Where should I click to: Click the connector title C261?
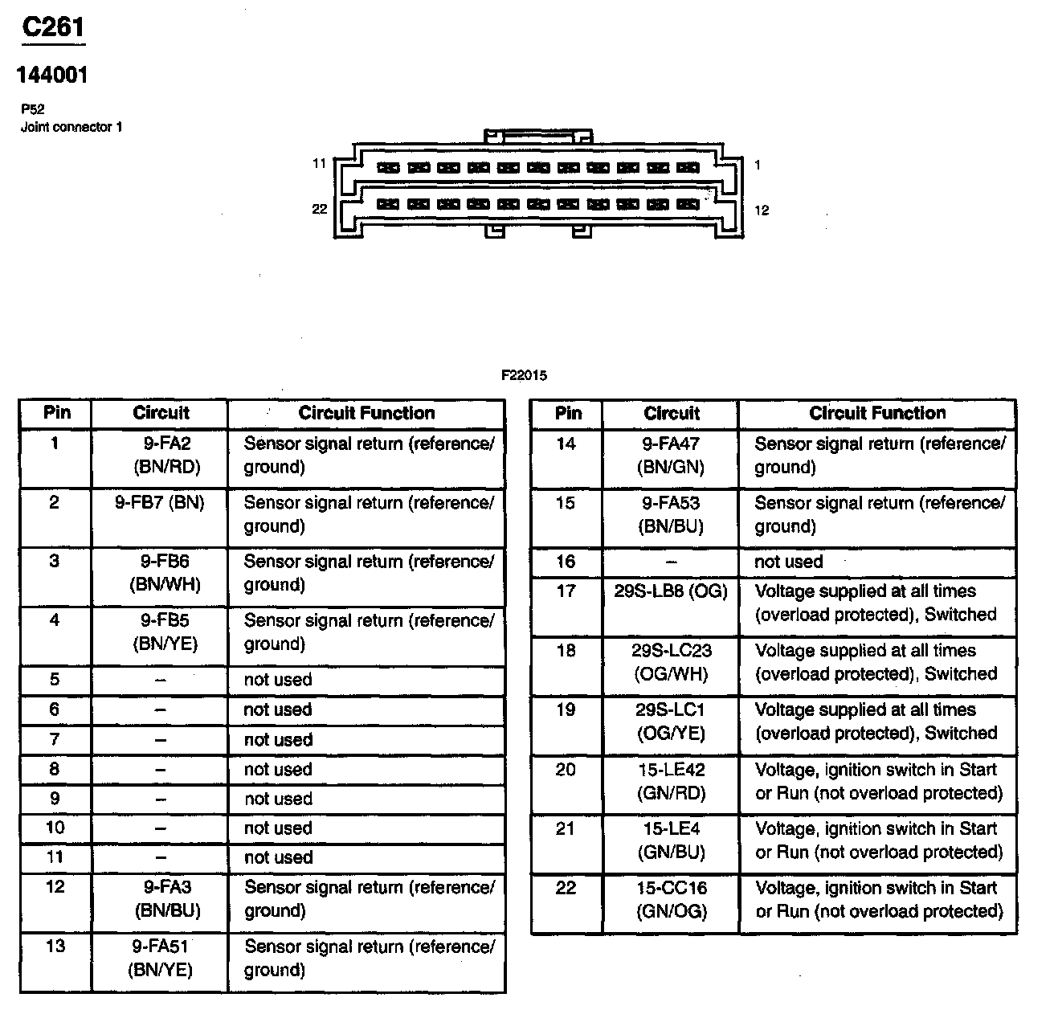coord(53,28)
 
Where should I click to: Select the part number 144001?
coord(52,76)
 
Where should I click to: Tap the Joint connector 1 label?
coord(71,127)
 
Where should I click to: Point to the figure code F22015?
coord(524,375)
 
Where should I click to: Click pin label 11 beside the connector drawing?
coord(319,164)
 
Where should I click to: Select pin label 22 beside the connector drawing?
coord(319,209)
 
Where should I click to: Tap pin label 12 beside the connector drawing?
coord(762,211)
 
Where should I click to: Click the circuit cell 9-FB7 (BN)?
coord(160,503)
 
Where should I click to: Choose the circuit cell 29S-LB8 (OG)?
coord(671,591)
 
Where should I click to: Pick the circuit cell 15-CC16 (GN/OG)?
coord(672,899)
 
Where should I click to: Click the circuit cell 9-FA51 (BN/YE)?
coord(161,958)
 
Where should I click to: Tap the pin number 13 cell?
coord(55,946)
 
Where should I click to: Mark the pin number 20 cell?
coord(566,770)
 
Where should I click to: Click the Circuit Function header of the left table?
coord(366,413)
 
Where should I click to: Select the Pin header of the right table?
coord(567,413)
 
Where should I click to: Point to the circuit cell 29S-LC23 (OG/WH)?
coord(672,662)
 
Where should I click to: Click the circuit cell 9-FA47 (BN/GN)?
coord(671,455)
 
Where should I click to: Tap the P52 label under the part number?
coord(33,110)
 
